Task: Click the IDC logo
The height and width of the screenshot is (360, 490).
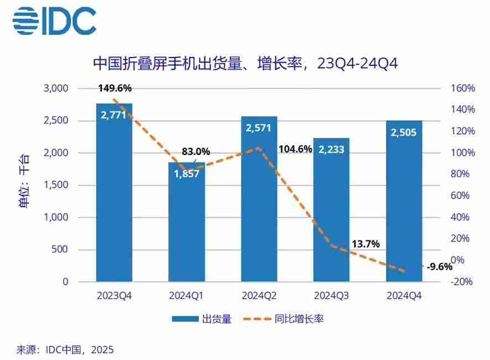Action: tap(54, 22)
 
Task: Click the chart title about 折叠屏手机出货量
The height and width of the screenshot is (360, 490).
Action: tap(245, 64)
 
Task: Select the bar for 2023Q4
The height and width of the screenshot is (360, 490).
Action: tap(114, 194)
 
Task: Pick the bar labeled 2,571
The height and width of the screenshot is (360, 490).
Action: tap(259, 199)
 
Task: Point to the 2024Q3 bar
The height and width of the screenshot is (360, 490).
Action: tap(331, 210)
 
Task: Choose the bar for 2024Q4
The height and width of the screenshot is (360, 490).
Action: tap(404, 202)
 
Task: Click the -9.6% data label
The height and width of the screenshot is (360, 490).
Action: tap(440, 266)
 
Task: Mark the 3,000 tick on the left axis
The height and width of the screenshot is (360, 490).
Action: tap(55, 88)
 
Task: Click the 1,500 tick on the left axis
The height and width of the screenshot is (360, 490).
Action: tap(55, 185)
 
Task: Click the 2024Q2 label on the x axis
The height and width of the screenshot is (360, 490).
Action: tap(259, 296)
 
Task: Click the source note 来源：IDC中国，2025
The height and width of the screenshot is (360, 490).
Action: tap(65, 350)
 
